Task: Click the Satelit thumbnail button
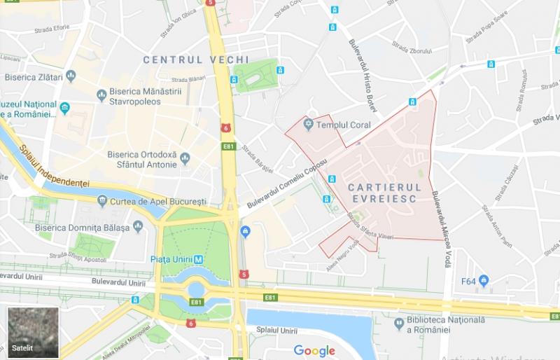coord(31,332)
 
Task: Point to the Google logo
coord(314,350)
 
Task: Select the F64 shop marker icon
coord(484,282)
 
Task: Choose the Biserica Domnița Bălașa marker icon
coord(138,227)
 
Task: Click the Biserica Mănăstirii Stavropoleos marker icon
coord(102,92)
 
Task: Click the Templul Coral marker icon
coord(308,126)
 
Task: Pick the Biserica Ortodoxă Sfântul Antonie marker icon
coord(185,155)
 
